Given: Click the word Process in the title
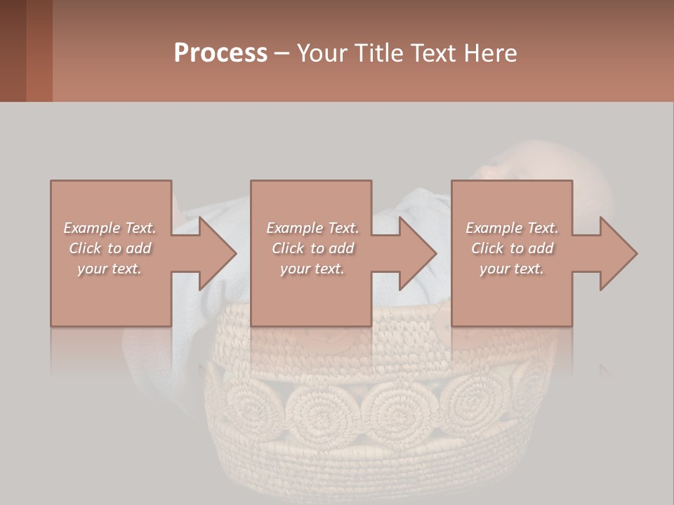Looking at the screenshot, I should pos(220,53).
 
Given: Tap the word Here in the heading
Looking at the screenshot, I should pos(491,53).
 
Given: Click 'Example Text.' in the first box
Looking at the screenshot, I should pos(110,228).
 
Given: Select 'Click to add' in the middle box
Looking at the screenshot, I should pos(312,248).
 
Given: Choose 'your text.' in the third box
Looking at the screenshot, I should pos(512,269).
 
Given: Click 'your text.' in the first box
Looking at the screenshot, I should pos(110,269).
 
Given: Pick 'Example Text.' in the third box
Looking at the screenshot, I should pos(512,228).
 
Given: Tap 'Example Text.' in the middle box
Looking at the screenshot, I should pos(312,228).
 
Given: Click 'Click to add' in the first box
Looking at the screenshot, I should pos(110,248).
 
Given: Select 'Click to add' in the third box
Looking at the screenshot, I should pos(512,248).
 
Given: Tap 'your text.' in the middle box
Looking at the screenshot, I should pos(312,269).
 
